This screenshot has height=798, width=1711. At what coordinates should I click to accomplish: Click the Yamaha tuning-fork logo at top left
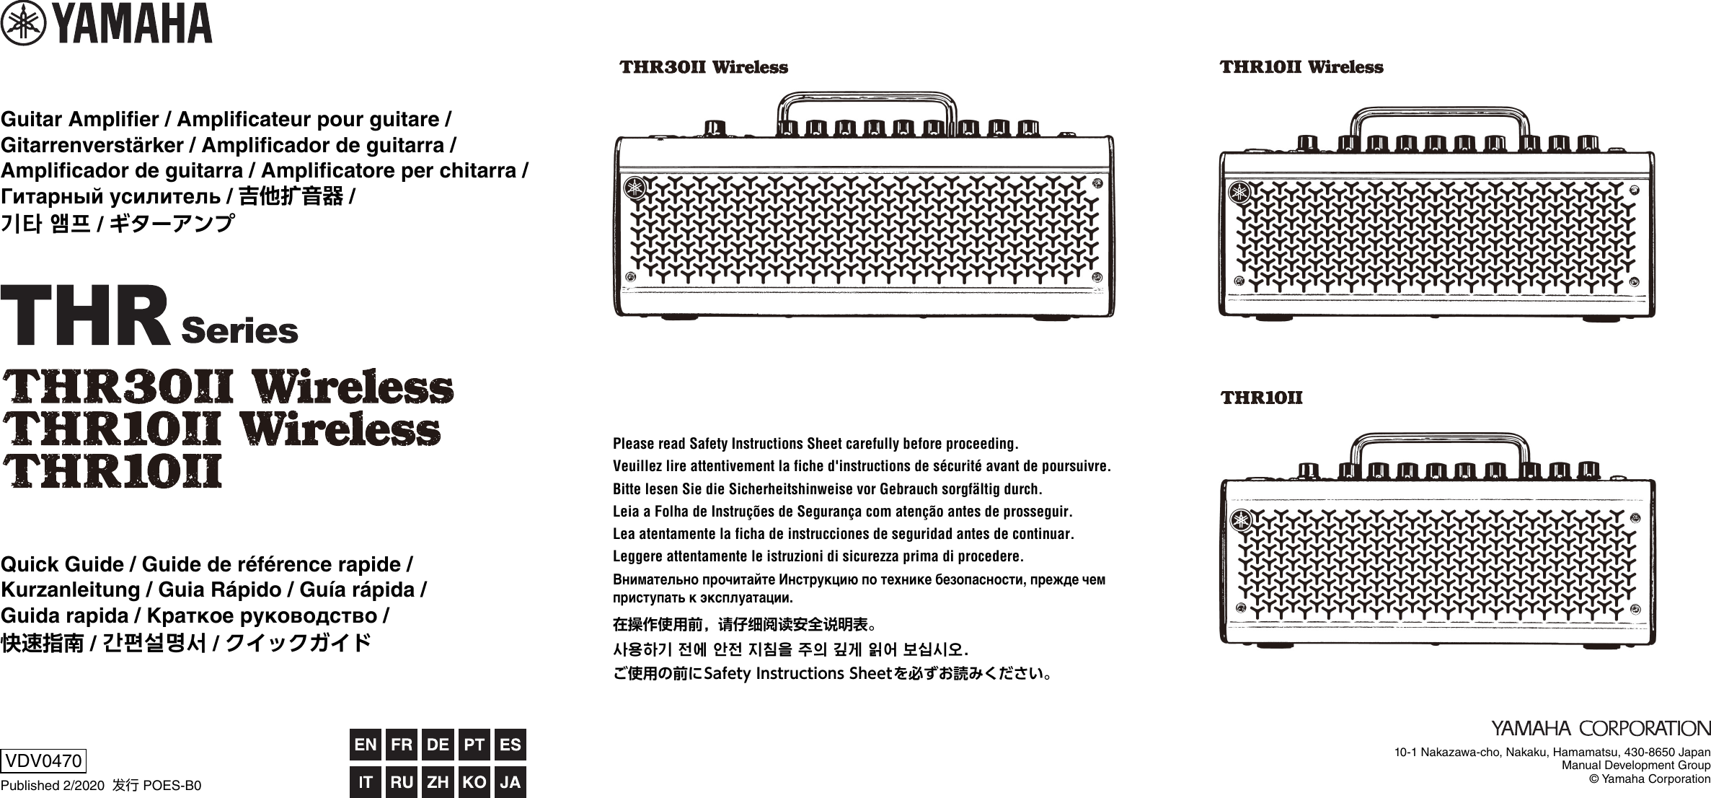coord(24,24)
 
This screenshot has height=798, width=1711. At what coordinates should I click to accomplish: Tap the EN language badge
coord(366,745)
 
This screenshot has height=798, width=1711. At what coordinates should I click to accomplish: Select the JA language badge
coord(510,782)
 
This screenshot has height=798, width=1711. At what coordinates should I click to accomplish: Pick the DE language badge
coord(438,745)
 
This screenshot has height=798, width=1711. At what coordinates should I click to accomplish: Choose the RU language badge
coord(402,782)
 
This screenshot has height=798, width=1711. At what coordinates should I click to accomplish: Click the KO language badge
coord(474,782)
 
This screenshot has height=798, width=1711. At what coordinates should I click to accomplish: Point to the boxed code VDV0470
coord(43,760)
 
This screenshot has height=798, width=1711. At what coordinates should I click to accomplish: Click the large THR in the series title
coord(85,317)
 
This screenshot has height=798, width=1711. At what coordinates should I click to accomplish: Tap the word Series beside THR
coord(239,331)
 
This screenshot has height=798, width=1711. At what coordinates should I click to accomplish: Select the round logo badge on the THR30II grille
coord(635,187)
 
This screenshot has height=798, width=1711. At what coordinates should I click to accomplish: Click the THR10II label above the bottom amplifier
coord(1261,398)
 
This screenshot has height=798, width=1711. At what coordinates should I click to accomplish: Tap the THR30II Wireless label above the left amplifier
coord(704,68)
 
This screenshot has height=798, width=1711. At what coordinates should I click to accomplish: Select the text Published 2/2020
coord(53,786)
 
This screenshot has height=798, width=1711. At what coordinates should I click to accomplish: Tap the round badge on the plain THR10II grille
coord(1241,520)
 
